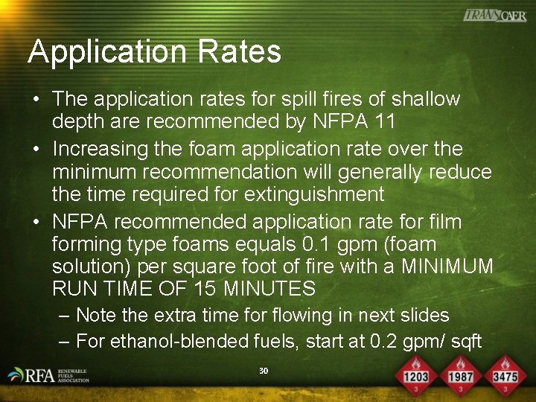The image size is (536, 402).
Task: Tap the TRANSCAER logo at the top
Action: [494, 15]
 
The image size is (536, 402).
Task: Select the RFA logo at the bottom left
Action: [48, 375]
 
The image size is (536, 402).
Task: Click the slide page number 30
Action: [263, 371]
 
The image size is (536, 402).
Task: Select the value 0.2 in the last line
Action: [394, 342]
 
